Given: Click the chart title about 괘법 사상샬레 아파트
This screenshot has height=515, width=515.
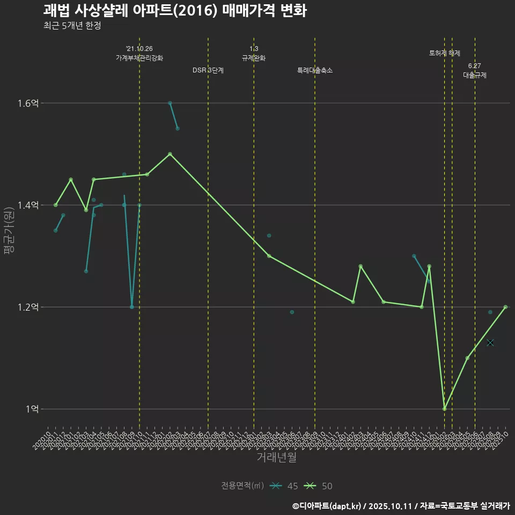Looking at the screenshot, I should tap(175, 11).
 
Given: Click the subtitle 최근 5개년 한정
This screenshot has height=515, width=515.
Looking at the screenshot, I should tap(72, 26).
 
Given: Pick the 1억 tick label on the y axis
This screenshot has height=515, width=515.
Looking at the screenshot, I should tap(33, 409).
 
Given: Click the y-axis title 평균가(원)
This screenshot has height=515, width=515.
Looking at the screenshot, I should tap(9, 231).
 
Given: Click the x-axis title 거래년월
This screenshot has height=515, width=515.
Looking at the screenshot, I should tap(276, 458).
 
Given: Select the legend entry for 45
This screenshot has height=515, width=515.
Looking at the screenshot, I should tap(284, 486).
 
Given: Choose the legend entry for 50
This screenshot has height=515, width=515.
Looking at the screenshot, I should tap(318, 486).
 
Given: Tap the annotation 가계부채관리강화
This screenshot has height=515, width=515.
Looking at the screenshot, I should tap(139, 58).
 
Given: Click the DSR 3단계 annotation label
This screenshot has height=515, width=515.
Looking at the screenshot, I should tap(208, 70).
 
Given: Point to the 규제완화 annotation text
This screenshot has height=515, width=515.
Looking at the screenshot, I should tap(254, 58).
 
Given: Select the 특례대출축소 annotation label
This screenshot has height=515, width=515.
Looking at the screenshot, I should tap(315, 70).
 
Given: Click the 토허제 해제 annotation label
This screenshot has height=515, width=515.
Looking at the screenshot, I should tap(445, 53).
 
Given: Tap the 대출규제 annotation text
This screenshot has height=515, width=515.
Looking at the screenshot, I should tap(475, 75).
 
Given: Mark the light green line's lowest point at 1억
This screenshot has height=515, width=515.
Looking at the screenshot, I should tap(444, 409).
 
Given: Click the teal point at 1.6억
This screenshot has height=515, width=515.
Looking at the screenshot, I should tap(170, 103).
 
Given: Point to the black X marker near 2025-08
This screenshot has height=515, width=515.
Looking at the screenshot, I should tap(490, 342).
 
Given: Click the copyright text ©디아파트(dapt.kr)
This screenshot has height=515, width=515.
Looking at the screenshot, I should tap(327, 506).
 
